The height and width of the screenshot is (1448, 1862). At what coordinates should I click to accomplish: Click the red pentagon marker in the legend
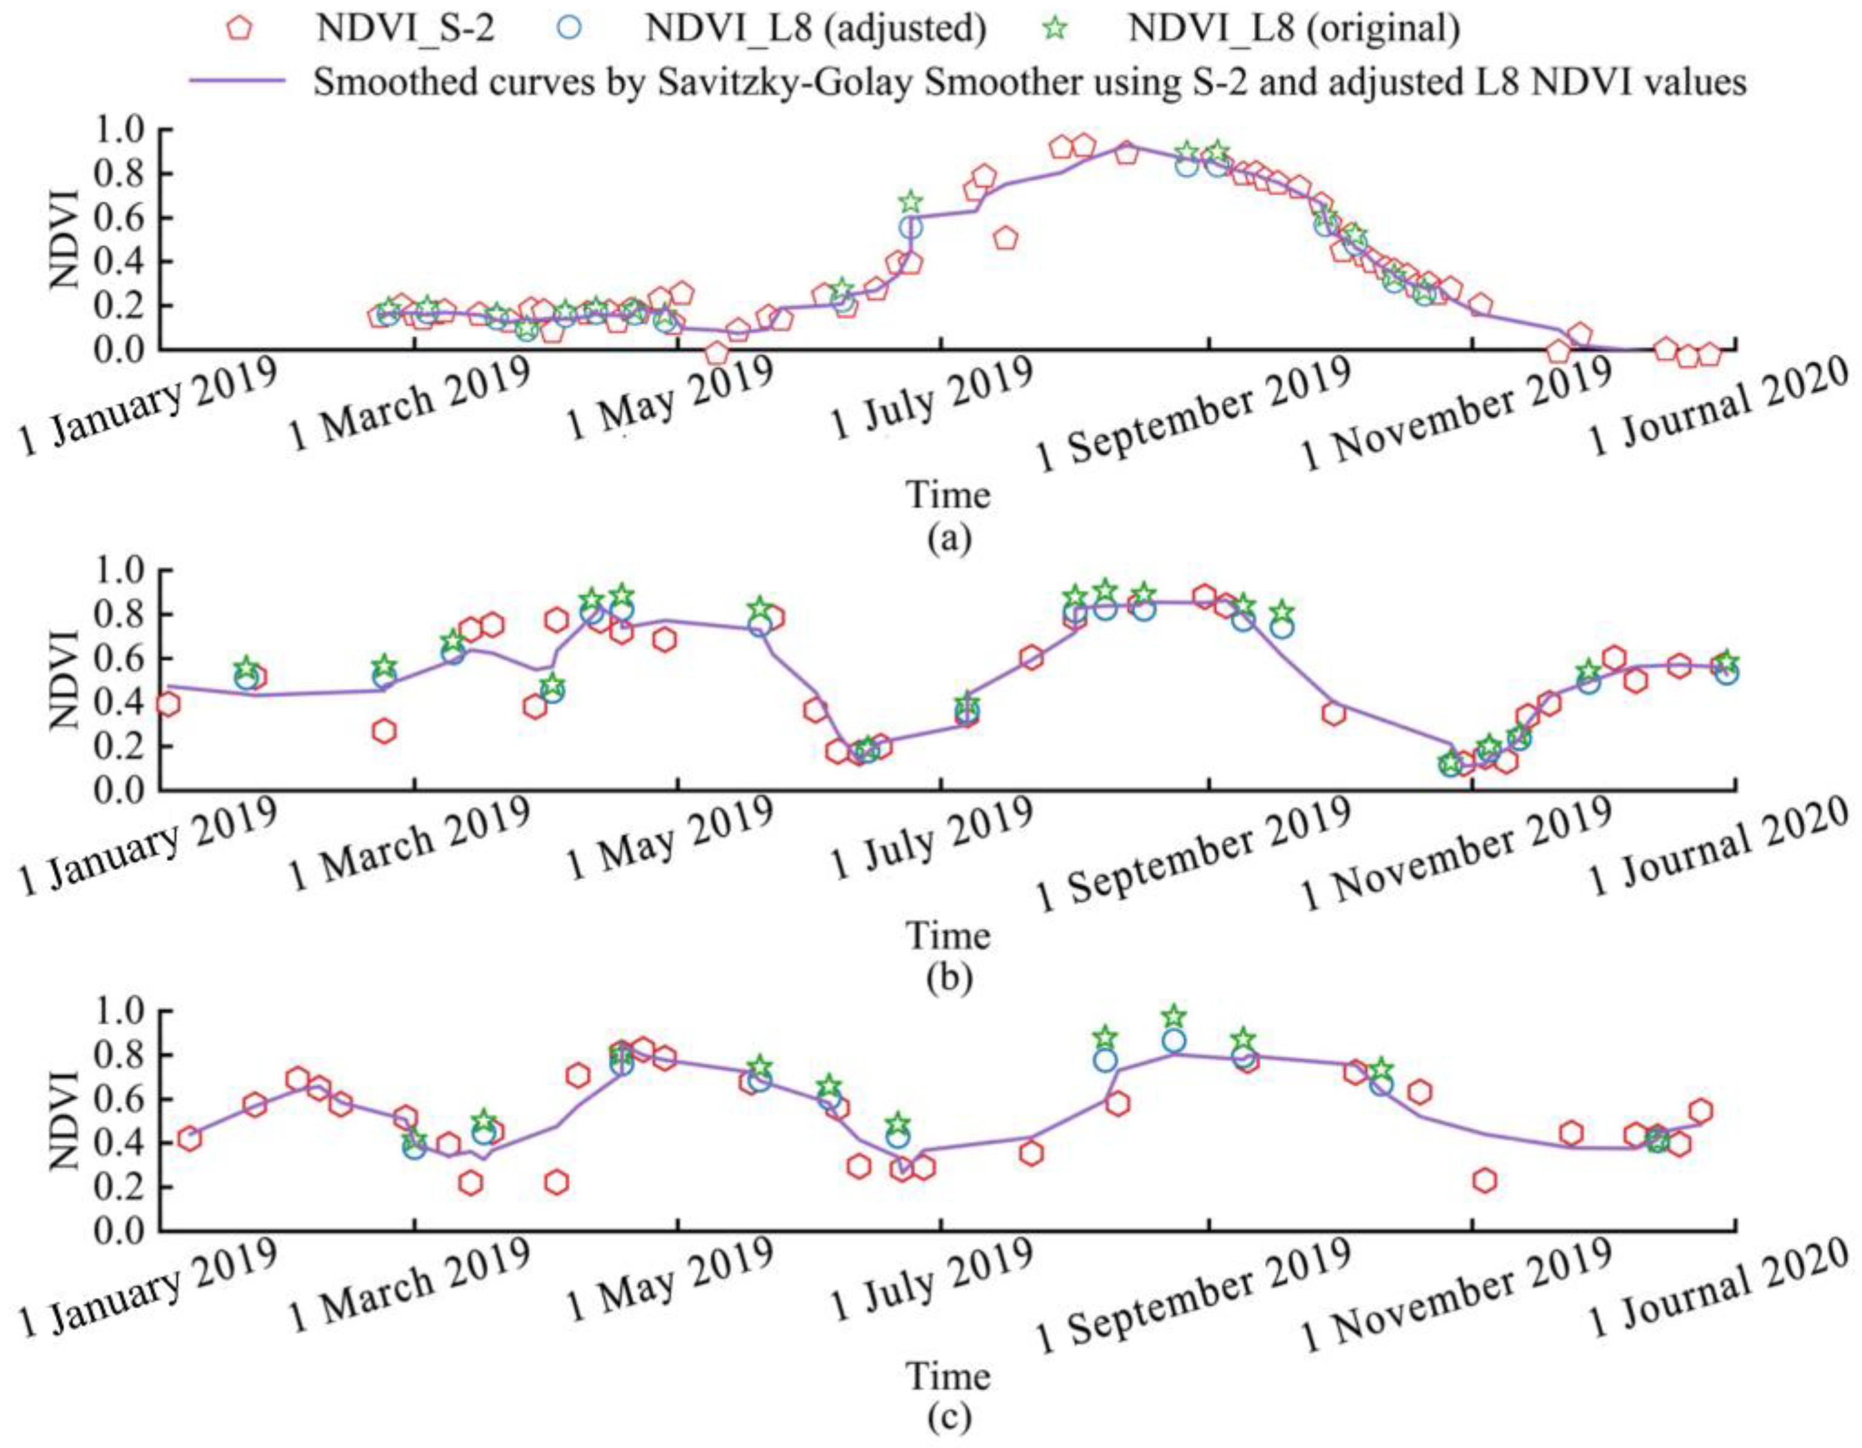point(241,28)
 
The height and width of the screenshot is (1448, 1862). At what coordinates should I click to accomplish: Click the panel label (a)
point(949,539)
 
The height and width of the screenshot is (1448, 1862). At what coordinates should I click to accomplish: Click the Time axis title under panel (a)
point(949,495)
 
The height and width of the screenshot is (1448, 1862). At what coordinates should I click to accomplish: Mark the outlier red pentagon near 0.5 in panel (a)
point(1006,239)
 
